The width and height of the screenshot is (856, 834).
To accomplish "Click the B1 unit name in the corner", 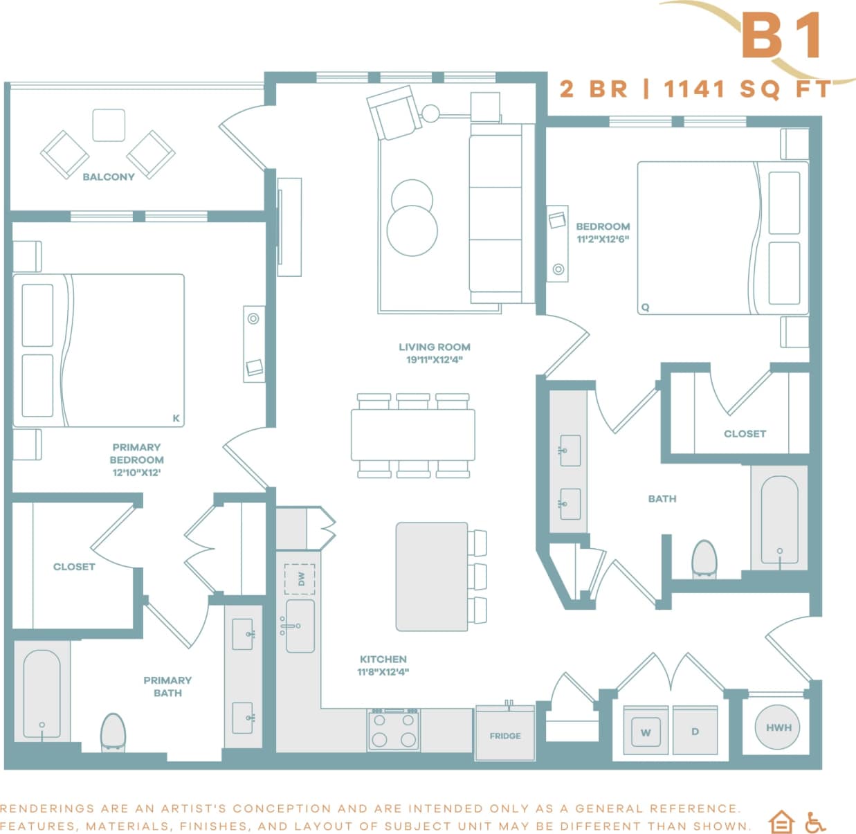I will point(782,35).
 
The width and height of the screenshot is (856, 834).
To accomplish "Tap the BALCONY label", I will point(108,176).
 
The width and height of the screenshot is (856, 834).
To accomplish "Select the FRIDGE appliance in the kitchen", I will point(505,734).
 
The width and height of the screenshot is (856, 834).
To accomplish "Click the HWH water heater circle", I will point(778,727).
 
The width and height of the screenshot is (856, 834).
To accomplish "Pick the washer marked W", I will point(646,732).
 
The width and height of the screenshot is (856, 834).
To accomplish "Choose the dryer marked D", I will point(695,732).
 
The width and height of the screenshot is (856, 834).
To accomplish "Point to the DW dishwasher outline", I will point(300,579).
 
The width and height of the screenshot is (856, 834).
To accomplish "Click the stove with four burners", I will point(394,730).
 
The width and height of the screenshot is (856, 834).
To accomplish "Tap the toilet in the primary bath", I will point(113,732).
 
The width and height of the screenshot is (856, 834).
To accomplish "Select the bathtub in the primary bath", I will point(42,694).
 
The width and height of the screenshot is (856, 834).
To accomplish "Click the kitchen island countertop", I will point(432,577).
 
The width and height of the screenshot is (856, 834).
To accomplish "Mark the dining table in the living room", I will point(412,435).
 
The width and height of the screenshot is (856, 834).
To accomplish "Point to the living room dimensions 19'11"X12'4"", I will point(434,359).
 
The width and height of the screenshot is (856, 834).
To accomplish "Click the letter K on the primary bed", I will point(176,418).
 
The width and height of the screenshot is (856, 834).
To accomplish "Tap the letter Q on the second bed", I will point(645,307).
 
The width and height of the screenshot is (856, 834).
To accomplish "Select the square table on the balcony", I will point(109,125).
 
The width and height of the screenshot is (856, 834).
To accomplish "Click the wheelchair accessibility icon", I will point(815,822).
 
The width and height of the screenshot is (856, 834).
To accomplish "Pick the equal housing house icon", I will point(781,822).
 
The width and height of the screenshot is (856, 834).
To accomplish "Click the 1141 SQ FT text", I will point(747,89).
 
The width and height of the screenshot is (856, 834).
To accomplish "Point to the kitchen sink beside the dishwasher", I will point(300,626).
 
